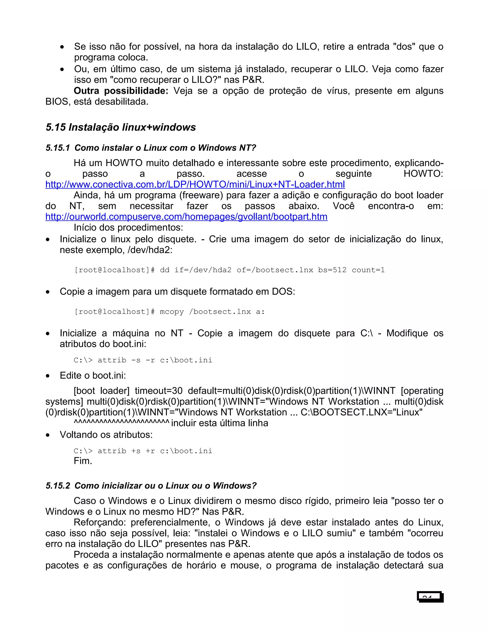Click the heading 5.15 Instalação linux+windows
tap(121, 127)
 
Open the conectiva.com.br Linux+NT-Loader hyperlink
tap(195, 184)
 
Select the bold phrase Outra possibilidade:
tap(121, 91)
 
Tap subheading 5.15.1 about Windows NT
tap(151, 148)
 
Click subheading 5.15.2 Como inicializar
tap(151, 486)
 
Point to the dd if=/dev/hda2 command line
tap(229, 270)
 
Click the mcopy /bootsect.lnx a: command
tap(170, 312)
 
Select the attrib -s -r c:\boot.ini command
tap(143, 360)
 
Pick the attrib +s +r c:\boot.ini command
tap(143, 451)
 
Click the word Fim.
tap(83, 461)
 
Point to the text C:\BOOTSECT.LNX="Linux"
tap(361, 412)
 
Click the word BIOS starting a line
tap(57, 102)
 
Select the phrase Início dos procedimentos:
tap(128, 227)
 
